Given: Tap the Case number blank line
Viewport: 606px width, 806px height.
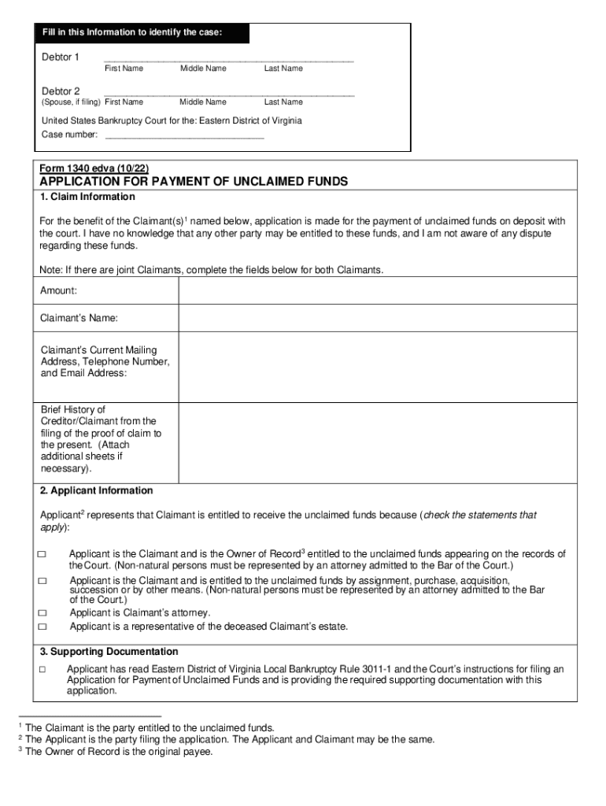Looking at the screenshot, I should coord(184,135).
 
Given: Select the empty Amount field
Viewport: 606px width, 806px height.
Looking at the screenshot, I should coord(378,291).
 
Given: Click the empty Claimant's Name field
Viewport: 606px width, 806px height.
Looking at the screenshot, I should coord(378,318).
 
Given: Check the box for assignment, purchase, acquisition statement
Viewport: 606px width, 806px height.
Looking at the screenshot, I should coord(42,581).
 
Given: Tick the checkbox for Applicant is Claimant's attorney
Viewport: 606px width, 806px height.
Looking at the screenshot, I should coord(42,613).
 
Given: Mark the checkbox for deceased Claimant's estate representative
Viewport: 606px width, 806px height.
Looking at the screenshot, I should coord(42,627).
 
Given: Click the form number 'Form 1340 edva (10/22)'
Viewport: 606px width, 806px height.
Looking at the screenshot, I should coord(94,168).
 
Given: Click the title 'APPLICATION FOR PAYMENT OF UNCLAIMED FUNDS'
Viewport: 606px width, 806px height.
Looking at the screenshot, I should coord(194,182).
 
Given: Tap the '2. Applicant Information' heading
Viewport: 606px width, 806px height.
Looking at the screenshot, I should coord(96,491).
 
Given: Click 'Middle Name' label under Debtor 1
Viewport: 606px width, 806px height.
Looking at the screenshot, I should coord(203,68).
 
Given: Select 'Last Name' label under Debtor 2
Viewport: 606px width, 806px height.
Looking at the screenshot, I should coord(283,102).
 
